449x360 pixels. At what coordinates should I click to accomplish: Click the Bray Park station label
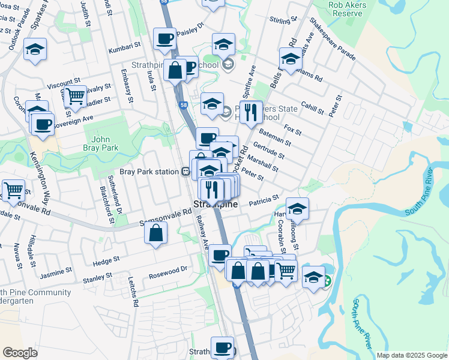(x=150, y=172)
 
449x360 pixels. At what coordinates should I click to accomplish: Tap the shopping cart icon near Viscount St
(x=75, y=95)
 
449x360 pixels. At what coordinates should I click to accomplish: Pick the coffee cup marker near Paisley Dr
(x=164, y=40)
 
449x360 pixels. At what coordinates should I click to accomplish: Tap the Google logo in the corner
(x=20, y=352)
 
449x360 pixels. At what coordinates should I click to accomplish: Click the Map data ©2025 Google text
(x=412, y=355)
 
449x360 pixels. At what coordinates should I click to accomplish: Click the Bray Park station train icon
(x=187, y=172)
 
